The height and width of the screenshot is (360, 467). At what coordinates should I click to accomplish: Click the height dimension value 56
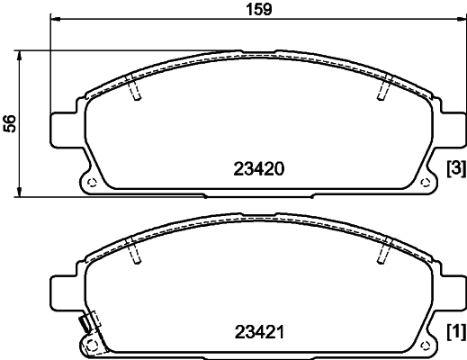11,122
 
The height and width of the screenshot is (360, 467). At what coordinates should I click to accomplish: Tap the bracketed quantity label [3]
455,168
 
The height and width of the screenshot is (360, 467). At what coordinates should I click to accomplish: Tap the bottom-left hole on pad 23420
91,183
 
